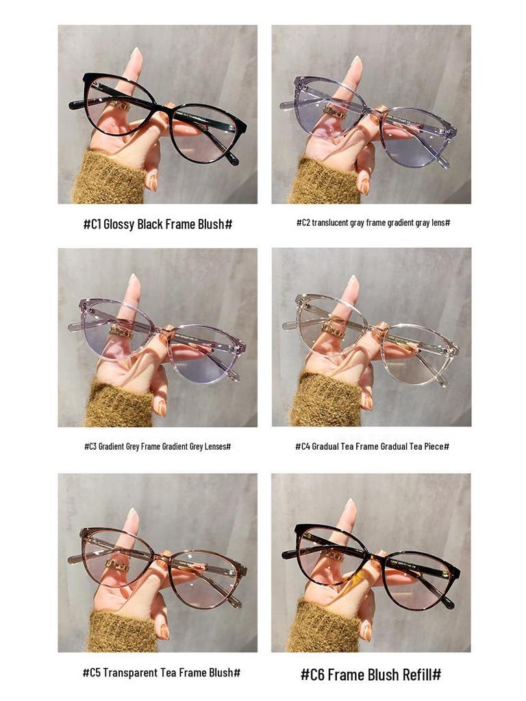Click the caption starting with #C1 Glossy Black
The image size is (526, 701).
tap(158, 224)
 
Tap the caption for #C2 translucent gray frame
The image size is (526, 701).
tap(373, 223)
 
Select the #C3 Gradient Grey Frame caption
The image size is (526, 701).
tap(158, 446)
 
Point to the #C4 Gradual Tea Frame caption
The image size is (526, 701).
tap(372, 446)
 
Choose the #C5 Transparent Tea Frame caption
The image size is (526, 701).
tap(161, 673)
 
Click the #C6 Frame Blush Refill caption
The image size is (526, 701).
tap(371, 674)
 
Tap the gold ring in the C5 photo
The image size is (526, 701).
tap(116, 565)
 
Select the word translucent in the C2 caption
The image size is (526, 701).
tap(331, 223)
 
